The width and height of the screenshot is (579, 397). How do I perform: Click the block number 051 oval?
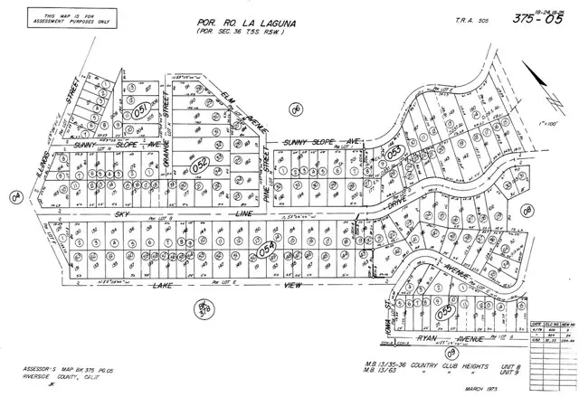(x=140, y=114)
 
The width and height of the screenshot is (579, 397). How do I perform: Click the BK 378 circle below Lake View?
(x=203, y=309)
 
